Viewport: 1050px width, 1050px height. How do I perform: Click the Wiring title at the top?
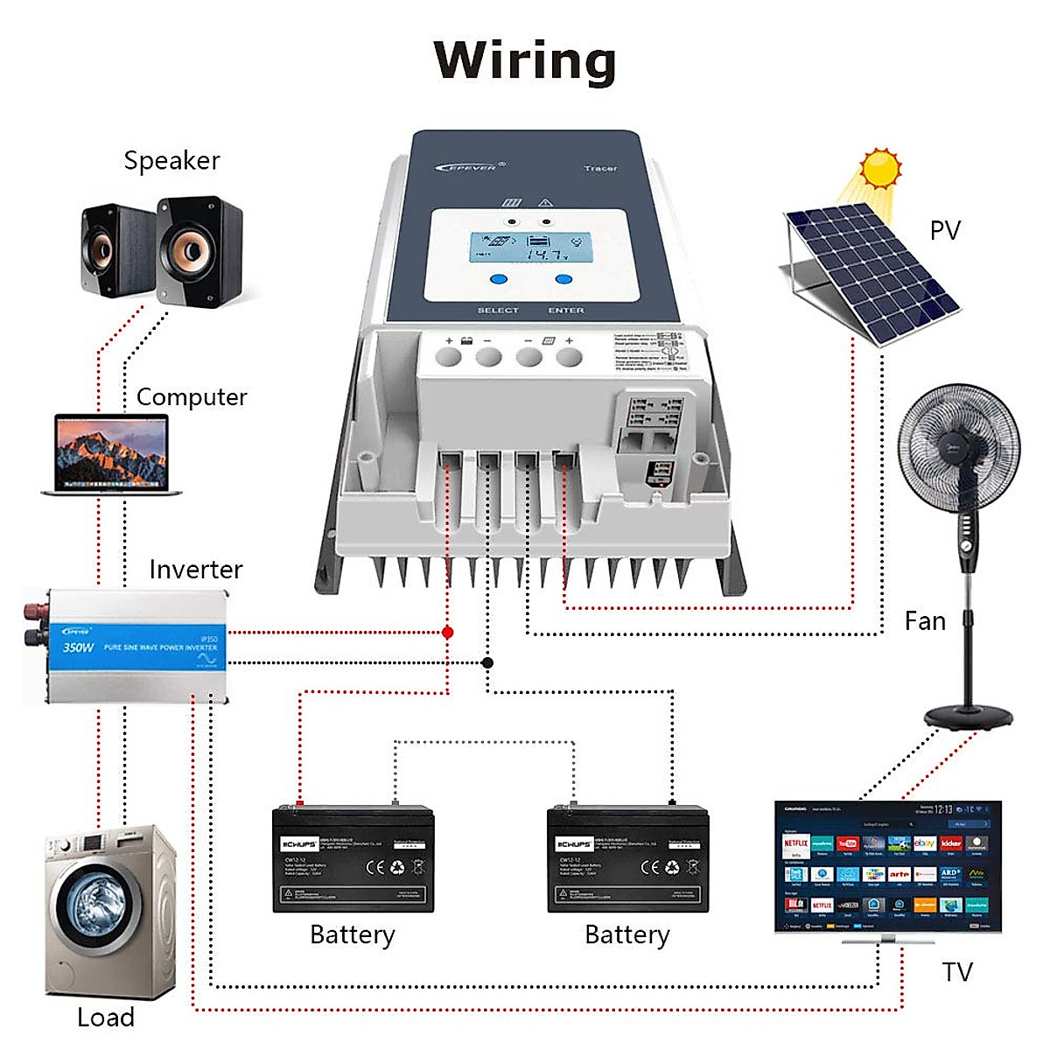(x=525, y=61)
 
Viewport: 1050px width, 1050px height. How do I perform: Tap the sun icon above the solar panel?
(x=880, y=169)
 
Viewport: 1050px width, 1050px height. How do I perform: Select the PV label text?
(x=945, y=230)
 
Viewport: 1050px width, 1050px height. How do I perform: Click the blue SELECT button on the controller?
(x=498, y=280)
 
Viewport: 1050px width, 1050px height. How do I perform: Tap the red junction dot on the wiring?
(x=448, y=632)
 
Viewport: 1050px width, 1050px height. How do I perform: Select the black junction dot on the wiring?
(x=487, y=662)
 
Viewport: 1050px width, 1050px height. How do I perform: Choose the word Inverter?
(x=195, y=570)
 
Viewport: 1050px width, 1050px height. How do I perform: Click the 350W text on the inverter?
(x=78, y=647)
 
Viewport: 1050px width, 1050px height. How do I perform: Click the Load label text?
(x=106, y=1018)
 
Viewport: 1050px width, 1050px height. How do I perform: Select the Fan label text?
(x=925, y=621)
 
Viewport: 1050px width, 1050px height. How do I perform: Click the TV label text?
(x=957, y=972)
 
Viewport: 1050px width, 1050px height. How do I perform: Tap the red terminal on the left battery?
(x=300, y=802)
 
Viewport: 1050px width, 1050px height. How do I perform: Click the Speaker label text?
(x=171, y=161)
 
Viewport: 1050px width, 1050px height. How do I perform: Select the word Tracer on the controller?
(x=600, y=168)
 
